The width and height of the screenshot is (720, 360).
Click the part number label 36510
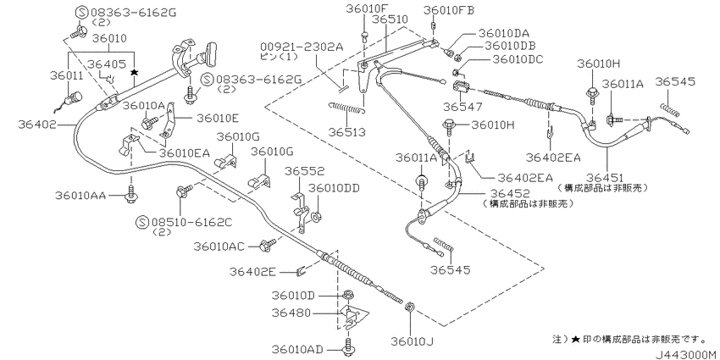(402, 19)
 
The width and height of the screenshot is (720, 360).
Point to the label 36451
(603, 176)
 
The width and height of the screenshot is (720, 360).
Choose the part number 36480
(291, 313)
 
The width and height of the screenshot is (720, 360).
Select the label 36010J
(413, 341)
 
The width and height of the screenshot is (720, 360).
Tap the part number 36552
(303, 170)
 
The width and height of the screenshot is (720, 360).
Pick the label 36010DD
(334, 187)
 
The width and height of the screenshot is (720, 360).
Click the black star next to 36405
(134, 75)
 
